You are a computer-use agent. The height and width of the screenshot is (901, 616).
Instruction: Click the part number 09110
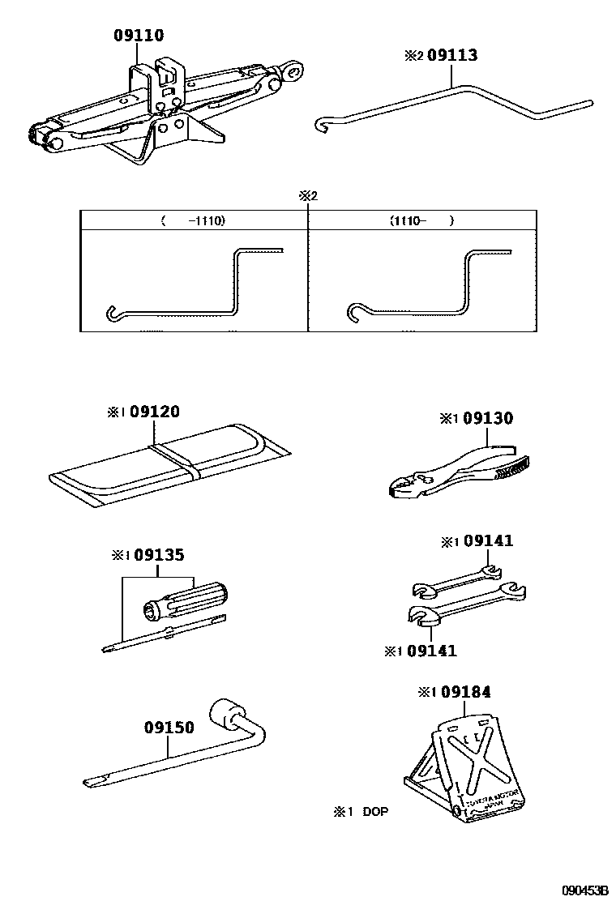[x=139, y=36]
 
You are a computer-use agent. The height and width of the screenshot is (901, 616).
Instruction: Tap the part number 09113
[x=451, y=55]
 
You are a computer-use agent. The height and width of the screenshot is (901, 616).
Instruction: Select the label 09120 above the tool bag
[x=154, y=412]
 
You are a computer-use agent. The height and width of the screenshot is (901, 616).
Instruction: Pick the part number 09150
[x=169, y=727]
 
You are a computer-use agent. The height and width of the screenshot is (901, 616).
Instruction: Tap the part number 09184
[x=464, y=691]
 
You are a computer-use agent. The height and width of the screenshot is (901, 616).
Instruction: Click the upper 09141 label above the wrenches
[x=487, y=541]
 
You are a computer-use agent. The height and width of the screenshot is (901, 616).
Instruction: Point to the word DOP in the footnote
[x=375, y=810]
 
